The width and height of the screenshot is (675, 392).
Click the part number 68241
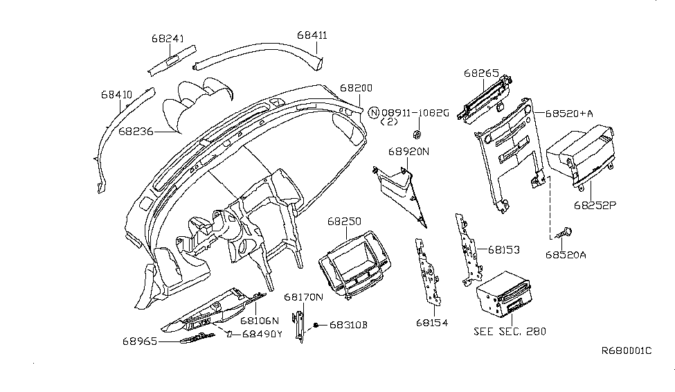click(x=168, y=39)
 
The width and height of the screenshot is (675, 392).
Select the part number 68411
click(x=312, y=34)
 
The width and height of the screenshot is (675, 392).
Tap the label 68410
click(x=116, y=94)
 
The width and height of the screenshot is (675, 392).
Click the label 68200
click(x=356, y=89)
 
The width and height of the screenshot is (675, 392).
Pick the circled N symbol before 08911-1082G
click(x=374, y=113)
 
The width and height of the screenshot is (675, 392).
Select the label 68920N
click(x=408, y=150)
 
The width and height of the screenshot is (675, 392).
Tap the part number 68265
click(x=480, y=72)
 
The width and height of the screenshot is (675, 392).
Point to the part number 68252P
click(x=594, y=205)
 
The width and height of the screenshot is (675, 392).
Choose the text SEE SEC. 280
click(x=510, y=331)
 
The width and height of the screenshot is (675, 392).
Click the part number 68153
click(x=504, y=249)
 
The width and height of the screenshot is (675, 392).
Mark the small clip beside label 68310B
click(x=316, y=324)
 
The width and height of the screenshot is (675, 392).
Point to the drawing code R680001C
click(x=626, y=351)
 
